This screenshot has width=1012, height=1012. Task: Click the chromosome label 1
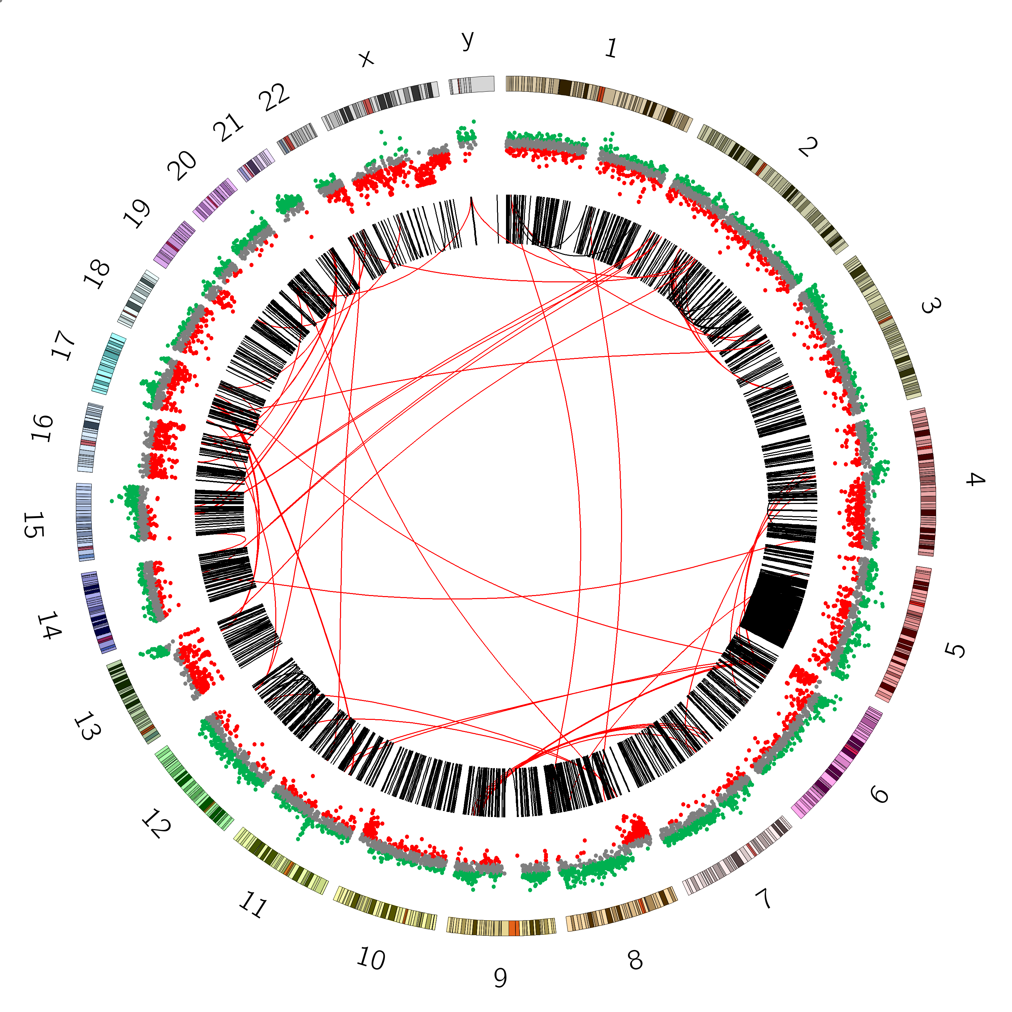point(611,48)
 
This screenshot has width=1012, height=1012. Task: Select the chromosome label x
point(367,59)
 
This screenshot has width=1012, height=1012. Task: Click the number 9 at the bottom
point(500,978)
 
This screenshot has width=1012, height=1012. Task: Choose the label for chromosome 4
point(975,479)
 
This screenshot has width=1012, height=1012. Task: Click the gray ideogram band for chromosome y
point(472,85)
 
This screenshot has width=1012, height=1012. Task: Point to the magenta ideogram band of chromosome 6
point(837,763)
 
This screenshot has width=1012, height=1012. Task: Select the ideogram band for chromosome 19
point(174,245)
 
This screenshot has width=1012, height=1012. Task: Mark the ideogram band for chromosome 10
point(385,908)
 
